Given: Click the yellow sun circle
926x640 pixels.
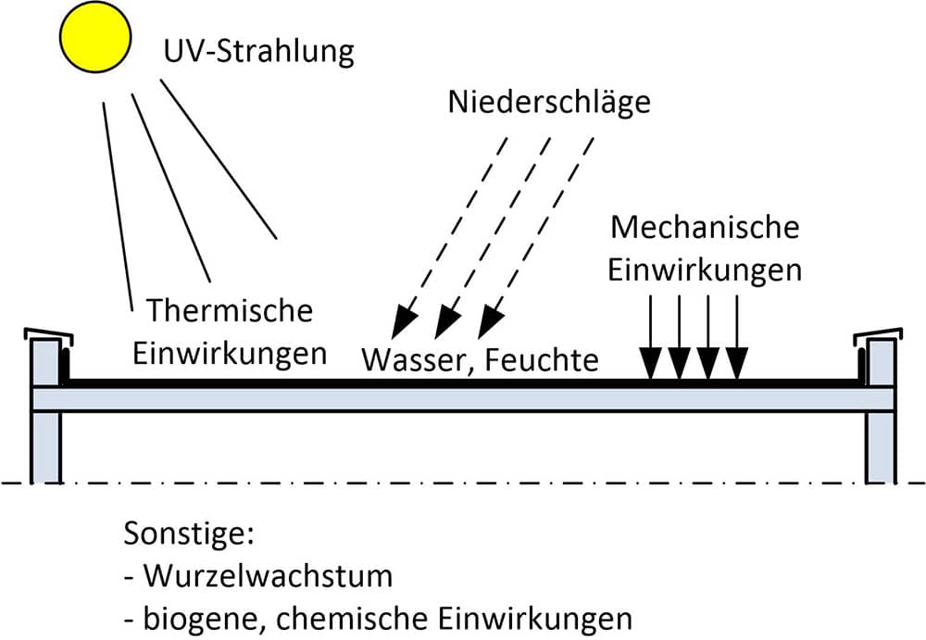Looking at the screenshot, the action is (95, 37).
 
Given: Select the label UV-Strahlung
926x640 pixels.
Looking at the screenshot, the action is (258, 52).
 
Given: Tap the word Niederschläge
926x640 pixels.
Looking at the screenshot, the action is (549, 102).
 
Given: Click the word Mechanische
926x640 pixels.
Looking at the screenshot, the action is (705, 228).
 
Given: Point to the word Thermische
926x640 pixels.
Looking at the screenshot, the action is (230, 310).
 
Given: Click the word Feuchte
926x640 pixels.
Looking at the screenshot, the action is (542, 359).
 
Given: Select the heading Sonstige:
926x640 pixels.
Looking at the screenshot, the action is (189, 534).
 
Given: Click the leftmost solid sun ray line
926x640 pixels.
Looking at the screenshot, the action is (119, 207).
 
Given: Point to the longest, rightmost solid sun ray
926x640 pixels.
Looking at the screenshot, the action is (219, 159).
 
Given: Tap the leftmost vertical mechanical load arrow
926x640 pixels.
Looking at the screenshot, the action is (651, 337).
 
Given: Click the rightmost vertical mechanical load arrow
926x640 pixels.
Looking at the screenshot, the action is (737, 337).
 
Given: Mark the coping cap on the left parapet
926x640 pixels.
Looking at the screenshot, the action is (48, 334).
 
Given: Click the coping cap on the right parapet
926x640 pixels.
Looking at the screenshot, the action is (878, 334).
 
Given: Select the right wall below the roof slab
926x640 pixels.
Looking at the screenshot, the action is (881, 447).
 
